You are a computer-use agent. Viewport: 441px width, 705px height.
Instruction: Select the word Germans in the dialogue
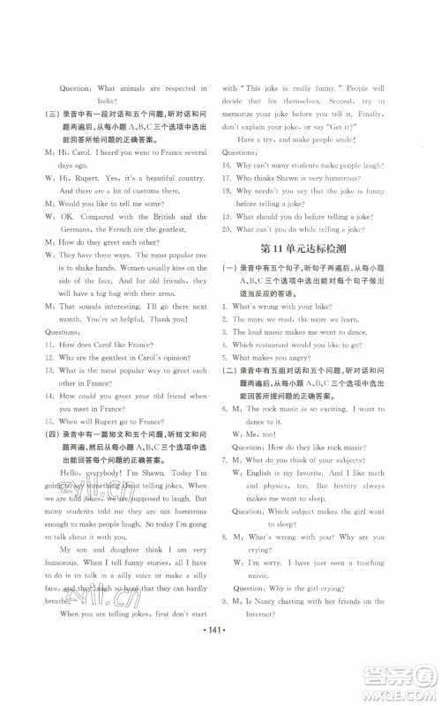76,229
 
